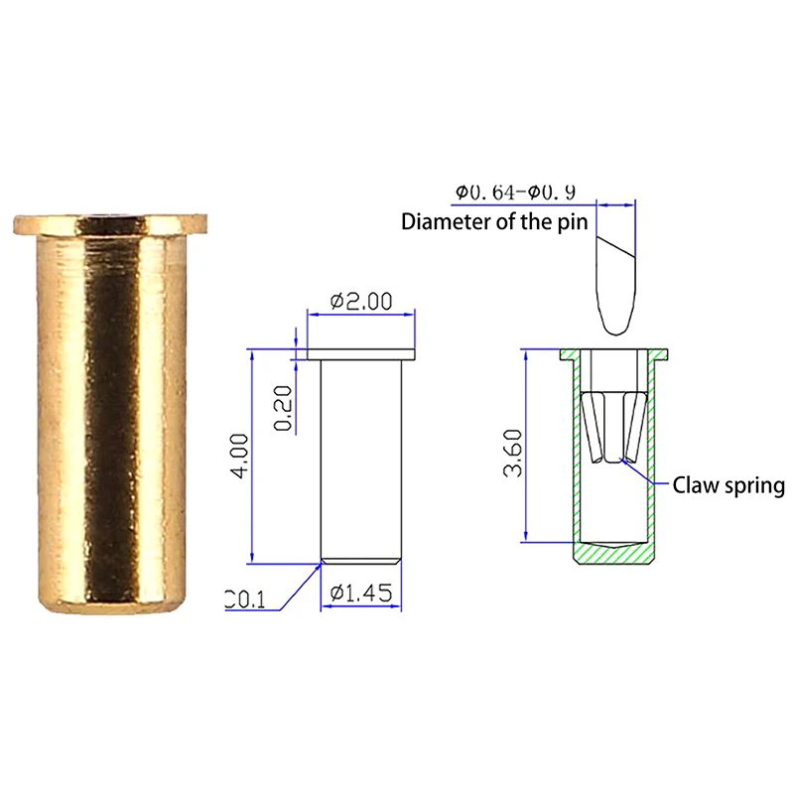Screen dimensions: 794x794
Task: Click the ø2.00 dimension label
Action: click(358, 301)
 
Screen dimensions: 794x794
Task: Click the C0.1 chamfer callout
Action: click(246, 598)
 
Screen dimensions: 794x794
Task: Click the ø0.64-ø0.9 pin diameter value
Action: click(516, 193)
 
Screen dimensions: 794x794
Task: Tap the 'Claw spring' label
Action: click(728, 485)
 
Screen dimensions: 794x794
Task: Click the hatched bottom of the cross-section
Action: click(615, 555)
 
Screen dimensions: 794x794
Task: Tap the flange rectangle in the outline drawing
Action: click(359, 353)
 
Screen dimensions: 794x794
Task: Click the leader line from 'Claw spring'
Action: click(650, 474)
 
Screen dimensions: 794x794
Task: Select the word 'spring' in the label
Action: click(753, 486)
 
